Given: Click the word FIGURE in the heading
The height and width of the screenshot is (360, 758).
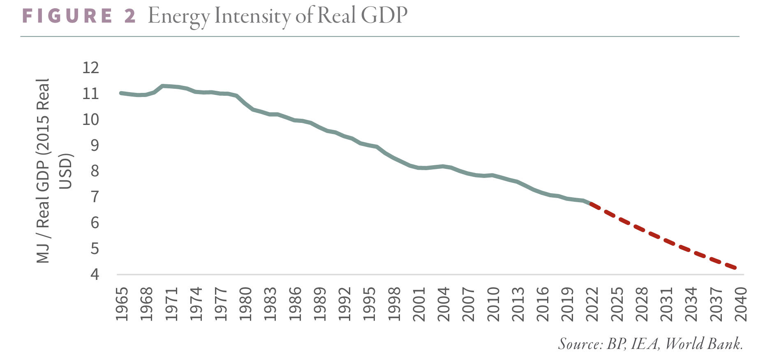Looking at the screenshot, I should pyautogui.click(x=67, y=16).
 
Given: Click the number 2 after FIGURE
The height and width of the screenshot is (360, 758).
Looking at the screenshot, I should pyautogui.click(x=130, y=16).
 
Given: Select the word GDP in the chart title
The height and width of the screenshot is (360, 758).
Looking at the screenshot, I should pyautogui.click(x=384, y=16).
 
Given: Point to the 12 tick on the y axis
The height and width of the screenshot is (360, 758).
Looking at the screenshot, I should pyautogui.click(x=91, y=68).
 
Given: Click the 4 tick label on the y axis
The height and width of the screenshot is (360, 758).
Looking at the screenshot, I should pyautogui.click(x=95, y=275).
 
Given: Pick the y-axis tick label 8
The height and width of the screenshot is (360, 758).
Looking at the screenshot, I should pyautogui.click(x=95, y=171).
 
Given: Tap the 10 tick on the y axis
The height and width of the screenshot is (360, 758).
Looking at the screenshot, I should pyautogui.click(x=91, y=120).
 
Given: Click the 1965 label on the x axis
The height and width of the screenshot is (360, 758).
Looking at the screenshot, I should pyautogui.click(x=122, y=304).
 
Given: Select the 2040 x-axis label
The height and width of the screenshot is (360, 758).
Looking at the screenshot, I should pyautogui.click(x=741, y=304).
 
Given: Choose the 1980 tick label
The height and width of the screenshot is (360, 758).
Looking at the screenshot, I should pyautogui.click(x=246, y=304).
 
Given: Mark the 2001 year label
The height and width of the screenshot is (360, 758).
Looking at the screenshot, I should pyautogui.click(x=419, y=304).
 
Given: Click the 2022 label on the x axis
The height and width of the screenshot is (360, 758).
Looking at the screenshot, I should pyautogui.click(x=592, y=304).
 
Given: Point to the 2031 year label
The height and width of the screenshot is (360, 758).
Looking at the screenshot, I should pyautogui.click(x=666, y=304).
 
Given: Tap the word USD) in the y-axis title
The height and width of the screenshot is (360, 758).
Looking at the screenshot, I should pyautogui.click(x=66, y=171).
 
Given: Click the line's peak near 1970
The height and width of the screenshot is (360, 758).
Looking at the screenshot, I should pyautogui.click(x=163, y=86).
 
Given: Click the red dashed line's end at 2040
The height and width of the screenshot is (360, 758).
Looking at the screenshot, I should pyautogui.click(x=736, y=268).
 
